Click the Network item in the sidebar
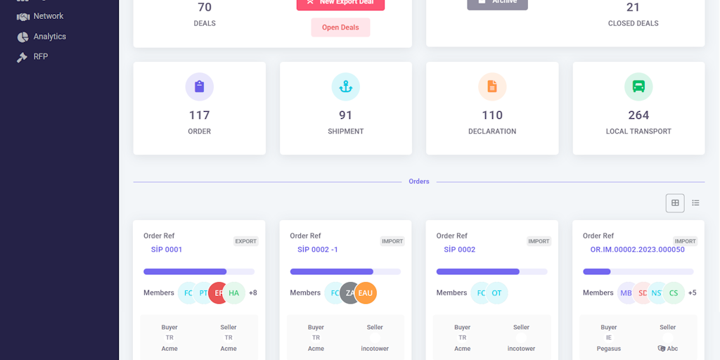[48, 16]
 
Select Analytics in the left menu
[49, 37]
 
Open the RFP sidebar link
[40, 57]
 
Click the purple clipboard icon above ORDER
[200, 86]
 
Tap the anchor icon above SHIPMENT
[346, 86]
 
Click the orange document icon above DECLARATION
[492, 86]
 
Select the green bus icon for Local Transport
[638, 86]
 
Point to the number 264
[638, 115]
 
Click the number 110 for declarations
[492, 115]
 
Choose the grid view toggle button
[675, 203]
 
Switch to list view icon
[695, 203]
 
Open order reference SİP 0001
[167, 250]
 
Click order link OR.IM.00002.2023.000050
[637, 250]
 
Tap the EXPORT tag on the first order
[246, 241]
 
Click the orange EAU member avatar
[366, 293]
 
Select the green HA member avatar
[234, 293]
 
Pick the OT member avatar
[496, 293]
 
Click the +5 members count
[693, 293]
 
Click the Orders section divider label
[419, 181]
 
